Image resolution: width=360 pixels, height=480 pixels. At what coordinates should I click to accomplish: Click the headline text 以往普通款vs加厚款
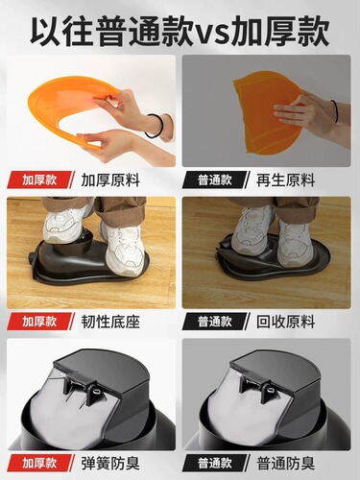180,29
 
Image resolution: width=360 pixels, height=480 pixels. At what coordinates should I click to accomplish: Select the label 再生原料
286,180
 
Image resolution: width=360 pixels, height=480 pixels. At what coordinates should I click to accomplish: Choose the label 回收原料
286,322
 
